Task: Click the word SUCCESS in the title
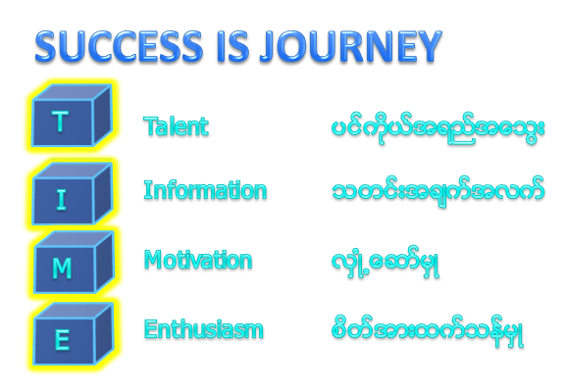coord(119,46)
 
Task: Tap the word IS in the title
coord(233,46)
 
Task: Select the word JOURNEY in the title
coord(351,46)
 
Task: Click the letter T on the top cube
coord(60,122)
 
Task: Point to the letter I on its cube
coord(62,199)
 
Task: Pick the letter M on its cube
coord(62,269)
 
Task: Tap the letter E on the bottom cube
coord(62,340)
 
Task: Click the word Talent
coord(177,126)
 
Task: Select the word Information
coord(205,190)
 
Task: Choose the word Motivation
coord(198,260)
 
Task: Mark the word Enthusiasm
coord(204,329)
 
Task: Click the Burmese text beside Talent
coord(437,129)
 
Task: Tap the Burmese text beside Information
coord(437,192)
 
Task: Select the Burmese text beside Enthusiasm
coord(428,331)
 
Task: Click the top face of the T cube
coord(72,93)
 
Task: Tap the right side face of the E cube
coord(104,333)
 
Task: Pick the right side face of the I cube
coord(103,193)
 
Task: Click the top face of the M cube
coord(74,239)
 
